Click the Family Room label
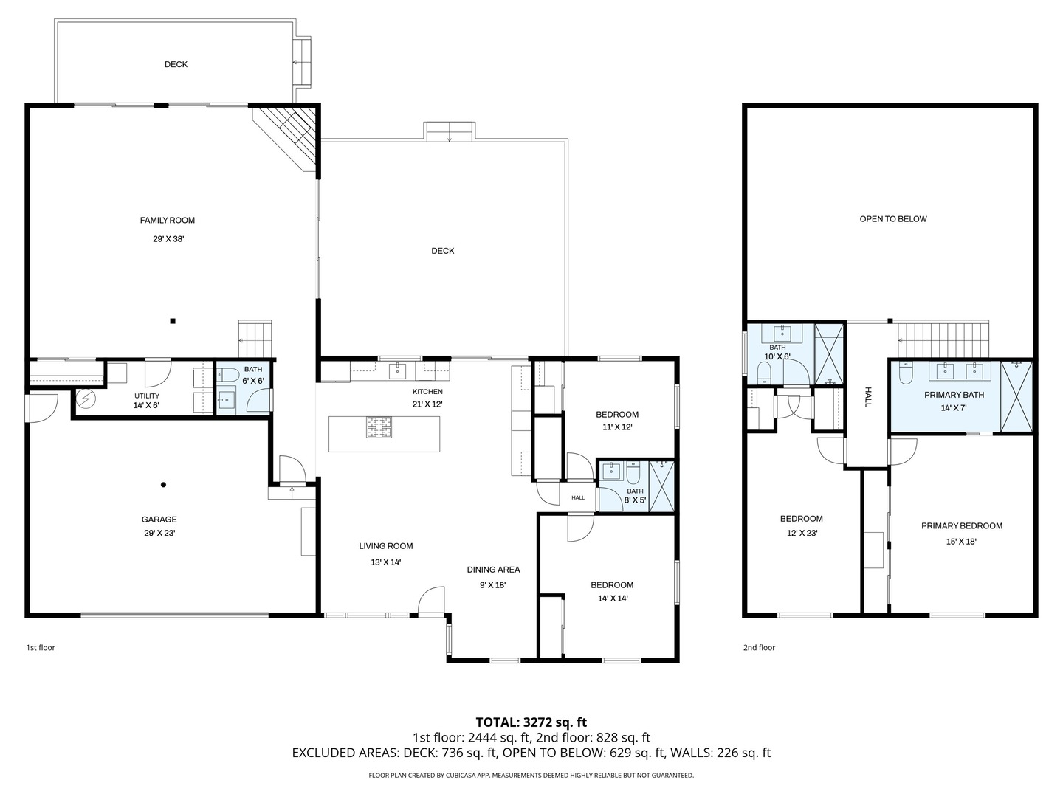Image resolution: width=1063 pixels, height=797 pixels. tap(168, 220)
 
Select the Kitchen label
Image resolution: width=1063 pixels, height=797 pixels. tap(427, 391)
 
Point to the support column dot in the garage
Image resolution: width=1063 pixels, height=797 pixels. tap(163, 485)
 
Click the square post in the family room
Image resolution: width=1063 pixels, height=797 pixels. tap(173, 321)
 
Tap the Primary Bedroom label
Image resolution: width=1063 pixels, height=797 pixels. tap(961, 526)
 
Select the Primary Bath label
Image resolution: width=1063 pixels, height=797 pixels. tap(954, 395)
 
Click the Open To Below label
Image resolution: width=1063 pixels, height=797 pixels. tap(892, 219)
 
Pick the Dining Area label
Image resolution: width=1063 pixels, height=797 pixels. tap(493, 570)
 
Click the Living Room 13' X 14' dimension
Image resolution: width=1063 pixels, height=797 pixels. tap(385, 562)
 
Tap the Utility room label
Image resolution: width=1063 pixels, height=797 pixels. tap(146, 396)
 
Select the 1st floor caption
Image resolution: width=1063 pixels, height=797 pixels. tap(41, 648)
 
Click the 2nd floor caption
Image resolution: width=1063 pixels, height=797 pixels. tap(759, 648)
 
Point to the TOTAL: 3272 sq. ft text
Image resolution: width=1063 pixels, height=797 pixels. tap(531, 722)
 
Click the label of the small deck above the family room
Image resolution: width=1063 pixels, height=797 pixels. tap(176, 64)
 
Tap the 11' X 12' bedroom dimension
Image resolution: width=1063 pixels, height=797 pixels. tap(617, 427)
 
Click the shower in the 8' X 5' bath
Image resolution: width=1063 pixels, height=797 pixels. tap(661, 486)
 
